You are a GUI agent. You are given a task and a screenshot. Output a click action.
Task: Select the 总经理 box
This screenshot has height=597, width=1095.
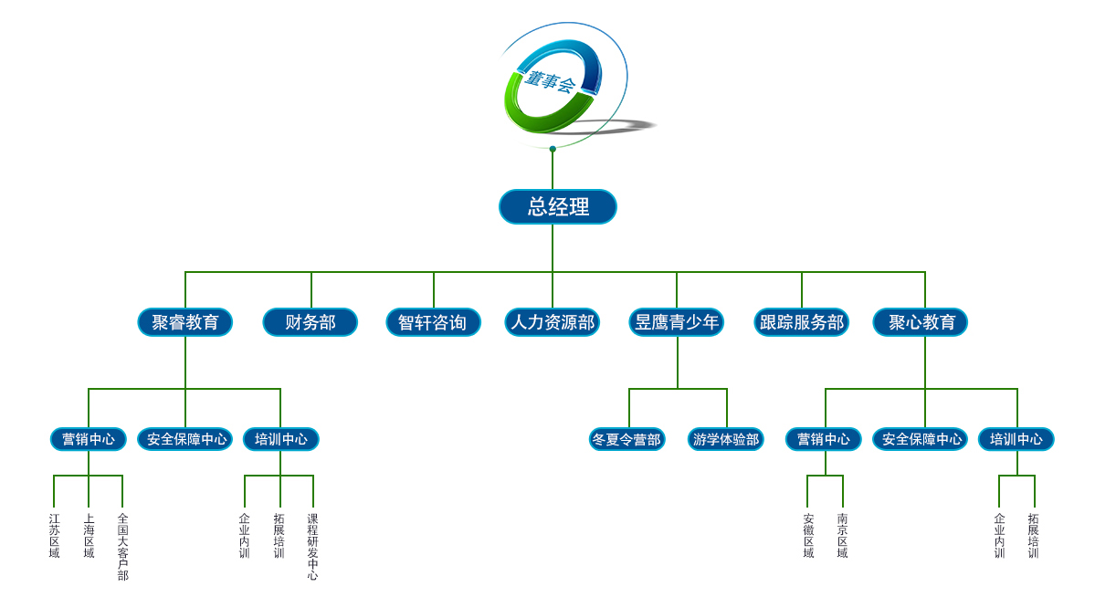(x=558, y=206)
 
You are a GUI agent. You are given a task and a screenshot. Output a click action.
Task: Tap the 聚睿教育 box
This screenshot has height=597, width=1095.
(x=185, y=322)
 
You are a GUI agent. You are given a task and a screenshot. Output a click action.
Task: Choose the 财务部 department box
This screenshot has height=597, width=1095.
(x=311, y=322)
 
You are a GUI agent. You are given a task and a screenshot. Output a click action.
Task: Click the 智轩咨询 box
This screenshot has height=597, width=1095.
(x=433, y=322)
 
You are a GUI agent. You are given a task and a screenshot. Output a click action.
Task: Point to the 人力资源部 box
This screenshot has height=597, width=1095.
(x=553, y=322)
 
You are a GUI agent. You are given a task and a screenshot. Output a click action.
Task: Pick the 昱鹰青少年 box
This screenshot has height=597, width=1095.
(x=677, y=322)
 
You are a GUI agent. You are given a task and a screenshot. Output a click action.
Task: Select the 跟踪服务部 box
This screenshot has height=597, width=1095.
(x=802, y=322)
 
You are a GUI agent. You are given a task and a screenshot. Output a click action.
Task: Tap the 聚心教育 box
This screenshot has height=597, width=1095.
(x=921, y=322)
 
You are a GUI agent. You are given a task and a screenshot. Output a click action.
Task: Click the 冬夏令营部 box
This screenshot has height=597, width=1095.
(x=626, y=439)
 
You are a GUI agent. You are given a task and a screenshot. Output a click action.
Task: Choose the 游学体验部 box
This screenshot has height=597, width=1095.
(x=726, y=439)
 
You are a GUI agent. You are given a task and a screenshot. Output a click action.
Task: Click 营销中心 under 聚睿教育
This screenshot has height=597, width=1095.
(x=89, y=439)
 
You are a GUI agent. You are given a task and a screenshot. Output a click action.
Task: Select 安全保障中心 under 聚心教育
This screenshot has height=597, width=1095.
(x=921, y=439)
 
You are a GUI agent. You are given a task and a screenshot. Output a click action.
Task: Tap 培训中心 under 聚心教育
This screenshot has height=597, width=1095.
(x=1016, y=439)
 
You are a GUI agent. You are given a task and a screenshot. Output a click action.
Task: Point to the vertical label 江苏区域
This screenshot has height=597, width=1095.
(x=55, y=536)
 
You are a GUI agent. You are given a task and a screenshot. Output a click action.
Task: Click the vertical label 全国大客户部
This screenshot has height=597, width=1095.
(x=122, y=547)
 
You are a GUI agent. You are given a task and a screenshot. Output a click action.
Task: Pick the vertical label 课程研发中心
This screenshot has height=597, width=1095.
(x=313, y=547)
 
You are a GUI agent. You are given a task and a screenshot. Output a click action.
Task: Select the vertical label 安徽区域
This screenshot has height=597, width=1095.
(x=808, y=536)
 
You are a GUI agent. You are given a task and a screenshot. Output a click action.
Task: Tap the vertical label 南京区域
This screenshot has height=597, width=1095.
(x=842, y=536)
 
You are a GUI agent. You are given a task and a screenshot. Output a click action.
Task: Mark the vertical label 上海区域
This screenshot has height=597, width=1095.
(x=89, y=536)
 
